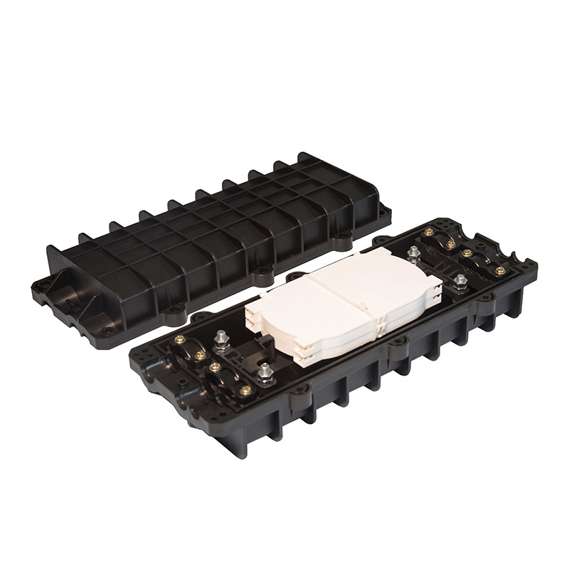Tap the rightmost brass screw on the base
502,271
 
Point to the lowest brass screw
247,389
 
